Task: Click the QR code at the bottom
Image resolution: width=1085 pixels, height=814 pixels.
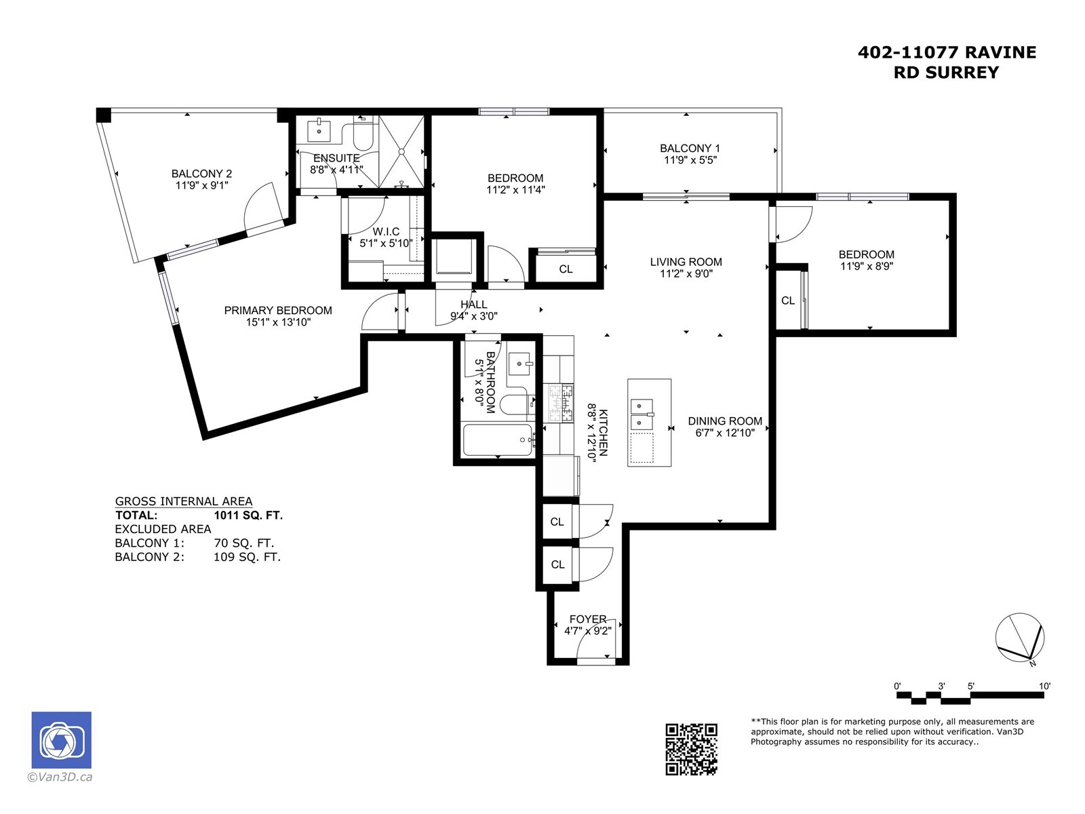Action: coord(690,749)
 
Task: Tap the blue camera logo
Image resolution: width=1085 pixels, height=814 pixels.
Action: coord(61,740)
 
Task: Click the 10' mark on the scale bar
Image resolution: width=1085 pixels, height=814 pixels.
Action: coord(1044,686)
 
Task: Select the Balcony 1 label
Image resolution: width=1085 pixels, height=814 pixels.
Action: coord(690,149)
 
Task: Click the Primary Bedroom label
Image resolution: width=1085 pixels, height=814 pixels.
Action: coord(278,311)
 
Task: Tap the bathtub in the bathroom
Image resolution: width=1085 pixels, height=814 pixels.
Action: coord(498,440)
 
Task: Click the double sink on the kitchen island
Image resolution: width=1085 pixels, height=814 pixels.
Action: coord(642,414)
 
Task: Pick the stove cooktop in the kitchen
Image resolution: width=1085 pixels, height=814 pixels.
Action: coord(561,404)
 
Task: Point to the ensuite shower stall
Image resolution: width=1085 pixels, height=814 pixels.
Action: coord(401,151)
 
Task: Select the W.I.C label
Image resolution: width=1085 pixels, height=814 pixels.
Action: coord(386,232)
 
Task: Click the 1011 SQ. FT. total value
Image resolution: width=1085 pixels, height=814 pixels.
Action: coord(248,516)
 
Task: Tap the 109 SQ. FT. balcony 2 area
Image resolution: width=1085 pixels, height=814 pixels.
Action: coord(247,557)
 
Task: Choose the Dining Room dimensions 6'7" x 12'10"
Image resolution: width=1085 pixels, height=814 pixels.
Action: coord(725,433)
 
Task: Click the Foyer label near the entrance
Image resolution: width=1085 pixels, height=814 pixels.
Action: coord(588,619)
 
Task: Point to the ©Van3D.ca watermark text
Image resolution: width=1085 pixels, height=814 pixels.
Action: coord(60,777)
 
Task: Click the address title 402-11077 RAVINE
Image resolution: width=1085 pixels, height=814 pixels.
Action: coord(947,52)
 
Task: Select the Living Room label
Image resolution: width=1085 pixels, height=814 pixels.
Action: coord(686,262)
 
